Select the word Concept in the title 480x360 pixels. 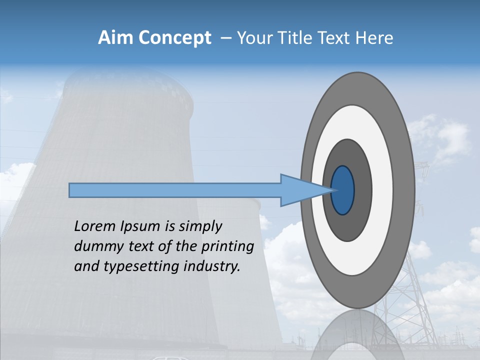tap(174, 38)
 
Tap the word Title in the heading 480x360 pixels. tap(297, 38)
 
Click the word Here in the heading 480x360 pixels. tap(374, 38)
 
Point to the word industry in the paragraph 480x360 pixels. tap(212, 266)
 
